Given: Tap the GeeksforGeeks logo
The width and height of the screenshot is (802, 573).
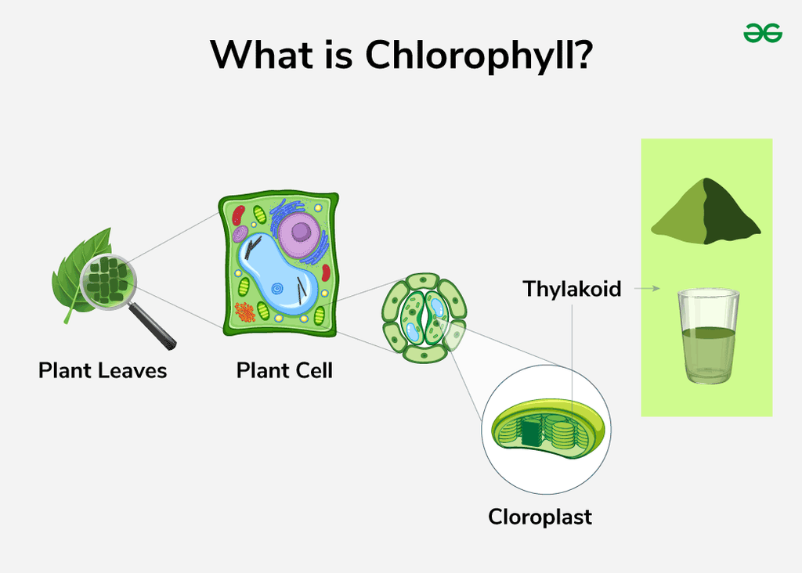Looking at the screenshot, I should pos(762,32).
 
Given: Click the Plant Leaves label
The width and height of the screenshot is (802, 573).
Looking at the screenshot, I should pos(103,370).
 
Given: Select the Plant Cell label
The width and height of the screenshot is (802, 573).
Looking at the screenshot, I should pos(284,370).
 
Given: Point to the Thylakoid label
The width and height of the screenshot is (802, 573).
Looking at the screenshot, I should pos(572,289).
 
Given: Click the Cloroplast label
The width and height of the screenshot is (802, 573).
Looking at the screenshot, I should pos(540,517).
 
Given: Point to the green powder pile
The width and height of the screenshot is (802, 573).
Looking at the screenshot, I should pos(705,213).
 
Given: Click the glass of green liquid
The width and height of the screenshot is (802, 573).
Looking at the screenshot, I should pos(708,337).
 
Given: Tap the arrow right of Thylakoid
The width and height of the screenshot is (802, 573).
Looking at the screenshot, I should pos(644,289).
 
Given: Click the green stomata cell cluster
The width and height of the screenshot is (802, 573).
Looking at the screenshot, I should pos(424,317).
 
